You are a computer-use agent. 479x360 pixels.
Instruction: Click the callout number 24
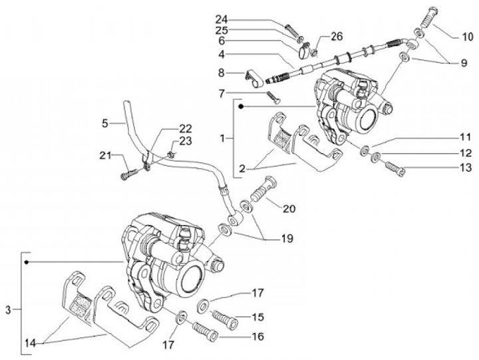point(222,19)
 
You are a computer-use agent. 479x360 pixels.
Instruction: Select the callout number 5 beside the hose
point(105,124)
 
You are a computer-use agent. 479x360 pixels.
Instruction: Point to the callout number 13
point(466,168)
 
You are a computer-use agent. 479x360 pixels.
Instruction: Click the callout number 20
point(289,209)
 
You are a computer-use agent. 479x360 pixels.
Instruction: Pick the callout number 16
point(257,337)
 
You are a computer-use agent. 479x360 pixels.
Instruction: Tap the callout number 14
point(30,343)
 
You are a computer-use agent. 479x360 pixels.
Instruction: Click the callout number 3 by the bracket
point(8,310)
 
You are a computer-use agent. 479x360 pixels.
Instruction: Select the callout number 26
point(336,37)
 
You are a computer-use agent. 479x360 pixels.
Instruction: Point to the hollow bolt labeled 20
point(263,188)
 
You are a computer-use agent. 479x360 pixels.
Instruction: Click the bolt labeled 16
point(205,332)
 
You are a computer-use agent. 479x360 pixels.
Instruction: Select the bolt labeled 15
point(225,319)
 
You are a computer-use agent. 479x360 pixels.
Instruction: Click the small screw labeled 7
point(273,98)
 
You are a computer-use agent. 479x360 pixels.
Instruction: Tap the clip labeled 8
point(254,79)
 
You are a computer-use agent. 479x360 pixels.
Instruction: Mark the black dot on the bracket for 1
point(241,106)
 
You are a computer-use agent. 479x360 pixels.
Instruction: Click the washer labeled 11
point(365,150)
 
